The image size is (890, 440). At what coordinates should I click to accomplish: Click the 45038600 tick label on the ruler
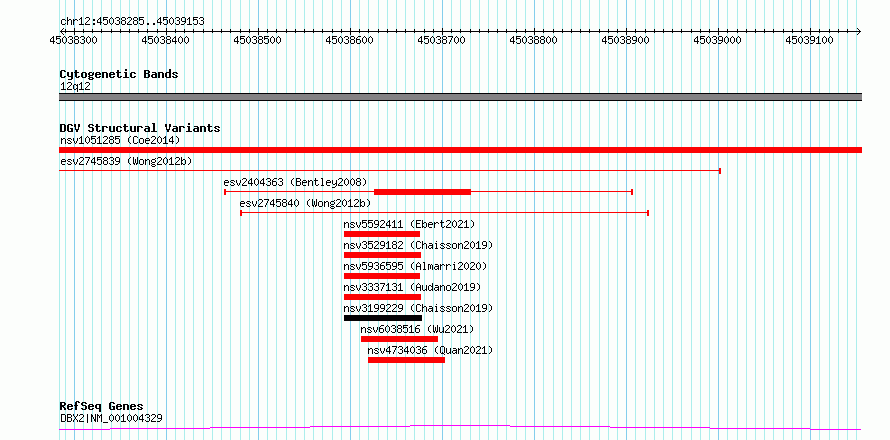350,40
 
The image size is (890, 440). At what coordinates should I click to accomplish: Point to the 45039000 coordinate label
719,40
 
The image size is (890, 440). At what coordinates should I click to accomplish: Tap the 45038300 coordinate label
74,40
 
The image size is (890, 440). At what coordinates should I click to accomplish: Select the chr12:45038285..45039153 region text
132,22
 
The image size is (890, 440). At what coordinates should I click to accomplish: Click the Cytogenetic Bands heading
119,74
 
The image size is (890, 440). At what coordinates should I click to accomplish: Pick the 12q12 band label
75,87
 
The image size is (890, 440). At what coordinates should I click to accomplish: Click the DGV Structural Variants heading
140,128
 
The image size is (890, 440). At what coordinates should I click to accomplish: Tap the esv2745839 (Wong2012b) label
126,161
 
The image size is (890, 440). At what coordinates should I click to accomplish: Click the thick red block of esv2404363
422,192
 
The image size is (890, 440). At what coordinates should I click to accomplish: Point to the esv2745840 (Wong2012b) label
305,203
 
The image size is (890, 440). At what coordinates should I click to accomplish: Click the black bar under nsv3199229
383,318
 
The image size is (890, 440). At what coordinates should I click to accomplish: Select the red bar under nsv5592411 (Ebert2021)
382,234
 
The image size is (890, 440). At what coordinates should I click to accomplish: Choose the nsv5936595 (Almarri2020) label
415,266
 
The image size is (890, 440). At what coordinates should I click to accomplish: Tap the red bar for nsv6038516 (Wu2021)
399,339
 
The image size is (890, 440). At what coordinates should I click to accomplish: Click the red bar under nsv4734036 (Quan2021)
406,360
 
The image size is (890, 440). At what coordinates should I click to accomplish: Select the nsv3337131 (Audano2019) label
413,287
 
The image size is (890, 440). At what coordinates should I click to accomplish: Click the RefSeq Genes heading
102,407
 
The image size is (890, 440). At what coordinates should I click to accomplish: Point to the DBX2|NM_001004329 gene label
111,418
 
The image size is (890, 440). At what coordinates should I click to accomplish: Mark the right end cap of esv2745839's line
720,170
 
